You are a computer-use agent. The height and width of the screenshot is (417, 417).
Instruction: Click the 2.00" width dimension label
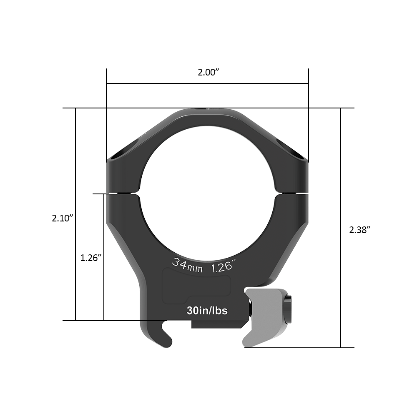(x=208, y=72)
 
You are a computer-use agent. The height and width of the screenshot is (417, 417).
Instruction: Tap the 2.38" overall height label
(x=360, y=229)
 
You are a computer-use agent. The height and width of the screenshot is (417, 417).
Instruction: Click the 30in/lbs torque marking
(x=207, y=311)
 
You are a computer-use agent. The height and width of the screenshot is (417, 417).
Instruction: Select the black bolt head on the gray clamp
(x=288, y=310)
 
